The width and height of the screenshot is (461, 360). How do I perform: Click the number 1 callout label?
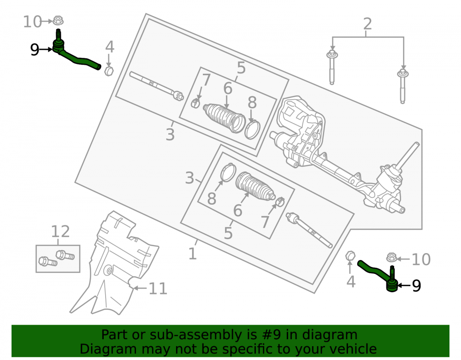pyautogui.click(x=193, y=254)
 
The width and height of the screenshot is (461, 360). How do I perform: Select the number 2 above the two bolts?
pyautogui.click(x=367, y=24)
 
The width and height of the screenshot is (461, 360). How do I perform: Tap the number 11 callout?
pyautogui.click(x=158, y=289)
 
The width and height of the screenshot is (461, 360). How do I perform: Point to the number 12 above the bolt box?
pyautogui.click(x=60, y=231)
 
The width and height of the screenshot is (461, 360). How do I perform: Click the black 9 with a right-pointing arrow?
pyautogui.click(x=35, y=50)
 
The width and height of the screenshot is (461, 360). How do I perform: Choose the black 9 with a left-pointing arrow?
pyautogui.click(x=416, y=285)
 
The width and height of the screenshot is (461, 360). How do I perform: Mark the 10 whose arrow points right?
pyautogui.click(x=32, y=22)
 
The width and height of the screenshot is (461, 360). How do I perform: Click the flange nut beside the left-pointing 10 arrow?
pyautogui.click(x=391, y=258)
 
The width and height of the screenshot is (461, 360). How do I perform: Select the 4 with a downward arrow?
pyautogui.click(x=110, y=47)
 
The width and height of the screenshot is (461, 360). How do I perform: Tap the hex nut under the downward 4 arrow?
pyautogui.click(x=109, y=71)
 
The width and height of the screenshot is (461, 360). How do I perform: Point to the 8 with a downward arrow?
pyautogui.click(x=252, y=103)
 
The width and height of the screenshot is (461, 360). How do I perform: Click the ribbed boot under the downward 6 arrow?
pyautogui.click(x=224, y=118)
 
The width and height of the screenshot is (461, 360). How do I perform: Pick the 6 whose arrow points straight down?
pyautogui.click(x=228, y=88)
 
